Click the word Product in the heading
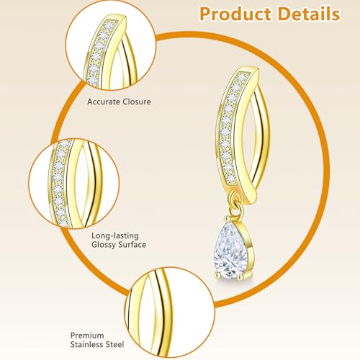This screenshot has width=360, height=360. (236, 14)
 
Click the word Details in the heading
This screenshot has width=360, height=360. (309, 14)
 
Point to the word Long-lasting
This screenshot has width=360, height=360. (115, 236)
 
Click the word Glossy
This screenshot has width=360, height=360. (102, 245)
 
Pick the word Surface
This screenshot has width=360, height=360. (131, 245)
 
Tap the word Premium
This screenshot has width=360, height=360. (87, 336)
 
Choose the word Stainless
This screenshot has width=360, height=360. (86, 345)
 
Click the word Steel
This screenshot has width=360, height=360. (114, 345)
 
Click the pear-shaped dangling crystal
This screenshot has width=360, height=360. (231, 251)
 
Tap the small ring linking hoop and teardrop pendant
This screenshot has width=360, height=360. (236, 207)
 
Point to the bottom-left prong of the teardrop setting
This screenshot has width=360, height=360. (217, 275)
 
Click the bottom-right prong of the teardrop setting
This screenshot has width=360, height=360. (240, 277)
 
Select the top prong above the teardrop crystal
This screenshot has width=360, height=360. (227, 219)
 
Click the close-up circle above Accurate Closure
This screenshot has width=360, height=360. (111, 45)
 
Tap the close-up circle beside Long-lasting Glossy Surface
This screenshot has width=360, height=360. (74, 184)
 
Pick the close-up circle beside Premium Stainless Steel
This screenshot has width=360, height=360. (170, 312)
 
